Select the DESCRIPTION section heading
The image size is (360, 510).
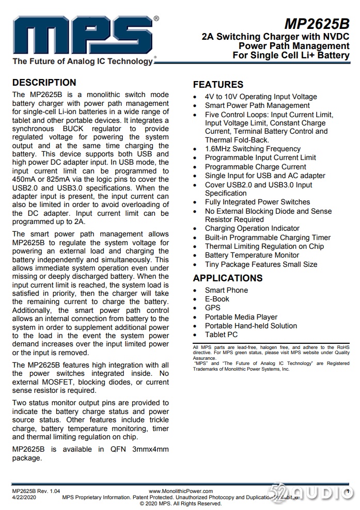pyautogui.click(x=44, y=83)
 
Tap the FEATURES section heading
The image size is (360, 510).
pyautogui.click(x=217, y=85)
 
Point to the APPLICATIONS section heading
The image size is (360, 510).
pyautogui.click(x=228, y=278)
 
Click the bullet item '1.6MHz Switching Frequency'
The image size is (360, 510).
pyautogui.click(x=253, y=149)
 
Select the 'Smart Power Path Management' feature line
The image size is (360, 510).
pyautogui.click(x=257, y=105)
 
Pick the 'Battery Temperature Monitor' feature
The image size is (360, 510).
pyautogui.click(x=252, y=255)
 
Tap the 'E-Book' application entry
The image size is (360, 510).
pyautogui.click(x=217, y=299)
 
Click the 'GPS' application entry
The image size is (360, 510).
pyautogui.click(x=212, y=308)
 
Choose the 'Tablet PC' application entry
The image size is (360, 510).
pyautogui.click(x=221, y=334)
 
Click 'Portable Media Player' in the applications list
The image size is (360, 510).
pyautogui.click(x=241, y=317)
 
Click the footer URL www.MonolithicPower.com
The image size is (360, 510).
pyautogui.click(x=179, y=491)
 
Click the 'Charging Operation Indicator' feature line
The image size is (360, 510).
pyautogui.click(x=252, y=228)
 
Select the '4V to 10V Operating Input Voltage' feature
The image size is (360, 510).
pyautogui.click(x=261, y=97)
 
